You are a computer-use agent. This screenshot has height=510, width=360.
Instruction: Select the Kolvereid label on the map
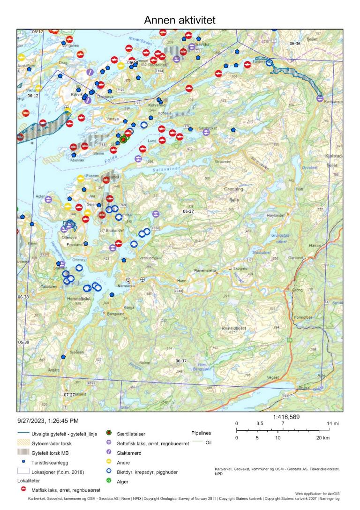click(157, 105)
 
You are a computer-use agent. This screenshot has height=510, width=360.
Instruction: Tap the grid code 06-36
click(295, 44)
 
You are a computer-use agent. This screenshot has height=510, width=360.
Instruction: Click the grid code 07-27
click(69, 395)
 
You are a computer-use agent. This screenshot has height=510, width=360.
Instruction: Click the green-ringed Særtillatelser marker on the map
click(123, 139)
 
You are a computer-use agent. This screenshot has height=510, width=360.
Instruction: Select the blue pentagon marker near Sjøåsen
click(63, 357)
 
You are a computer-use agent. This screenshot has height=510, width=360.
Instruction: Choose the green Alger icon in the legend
click(109, 480)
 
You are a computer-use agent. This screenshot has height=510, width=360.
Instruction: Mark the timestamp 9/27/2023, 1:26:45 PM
click(48, 421)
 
